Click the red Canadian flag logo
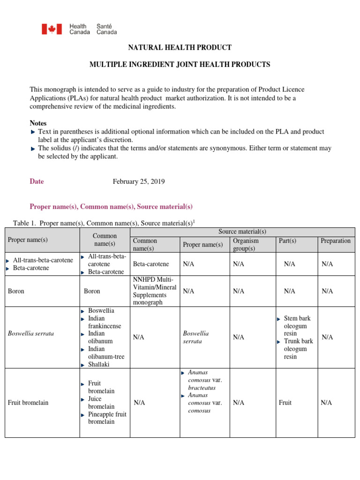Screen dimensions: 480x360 [52, 30]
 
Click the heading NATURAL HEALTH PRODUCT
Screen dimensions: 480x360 [180, 48]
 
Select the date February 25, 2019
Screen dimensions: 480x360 [139, 181]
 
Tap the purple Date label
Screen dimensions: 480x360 [37, 181]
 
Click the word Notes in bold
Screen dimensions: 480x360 [38, 123]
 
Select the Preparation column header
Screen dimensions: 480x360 [335, 240]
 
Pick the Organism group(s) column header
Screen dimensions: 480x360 [246, 244]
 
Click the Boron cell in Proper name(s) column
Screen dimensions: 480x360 [16, 291]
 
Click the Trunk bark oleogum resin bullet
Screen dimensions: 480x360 [298, 349]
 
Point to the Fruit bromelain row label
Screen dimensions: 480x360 [28, 402]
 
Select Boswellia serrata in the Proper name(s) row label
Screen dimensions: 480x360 [31, 333]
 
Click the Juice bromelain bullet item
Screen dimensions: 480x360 [101, 403]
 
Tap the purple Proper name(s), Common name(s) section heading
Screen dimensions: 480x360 [111, 206]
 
